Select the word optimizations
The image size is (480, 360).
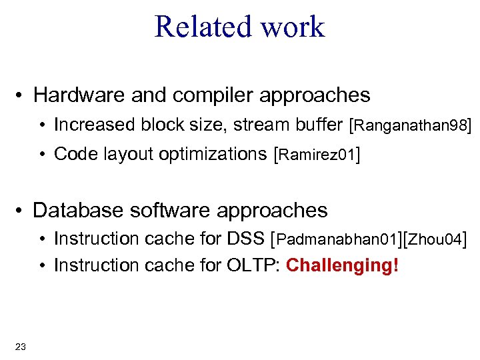point(212,155)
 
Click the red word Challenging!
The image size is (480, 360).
point(342,265)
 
